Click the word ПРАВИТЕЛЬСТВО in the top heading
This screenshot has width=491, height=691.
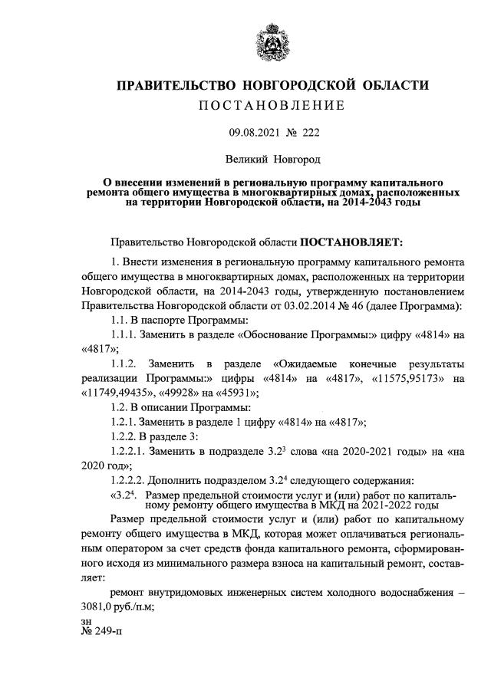coord(176,85)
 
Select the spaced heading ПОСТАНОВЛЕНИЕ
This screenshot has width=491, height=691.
coord(272,105)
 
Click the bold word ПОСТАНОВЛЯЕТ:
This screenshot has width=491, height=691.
coord(350,243)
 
